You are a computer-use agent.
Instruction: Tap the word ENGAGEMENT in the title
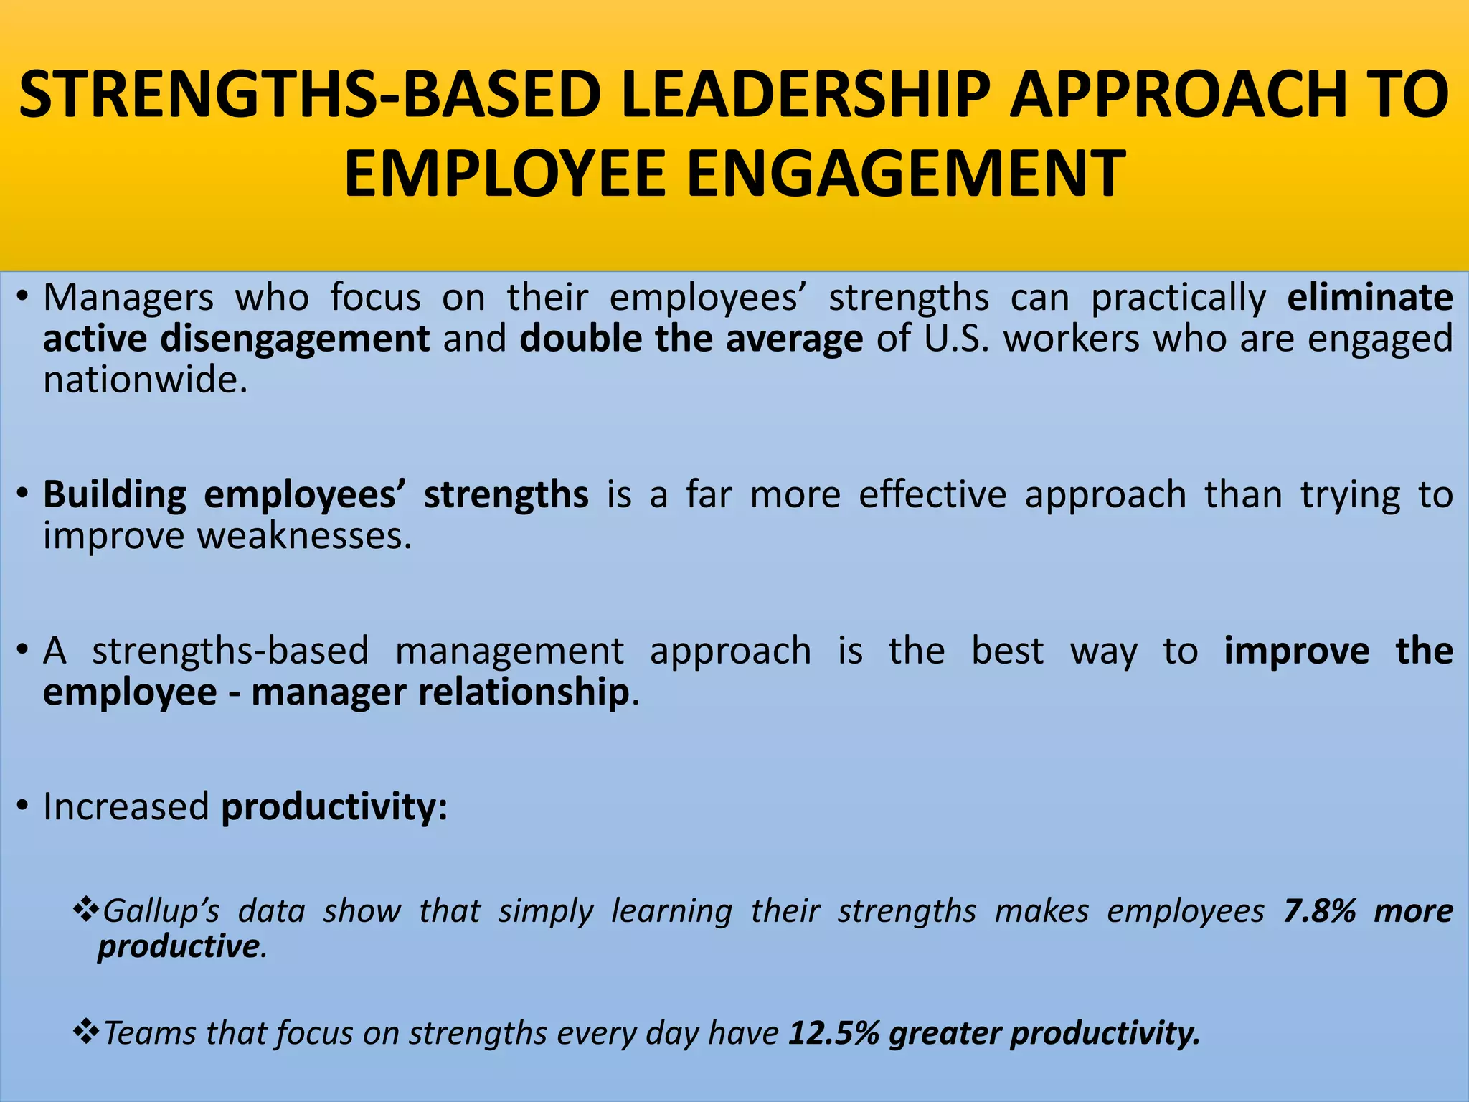click(906, 174)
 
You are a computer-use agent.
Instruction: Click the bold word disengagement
click(295, 339)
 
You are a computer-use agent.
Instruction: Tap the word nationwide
click(145, 379)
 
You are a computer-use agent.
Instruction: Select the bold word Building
click(115, 495)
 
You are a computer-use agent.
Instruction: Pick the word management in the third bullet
click(509, 651)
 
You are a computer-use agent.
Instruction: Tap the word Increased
click(126, 807)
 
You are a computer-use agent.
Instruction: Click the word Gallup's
click(161, 912)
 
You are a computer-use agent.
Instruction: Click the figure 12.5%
click(833, 1034)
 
